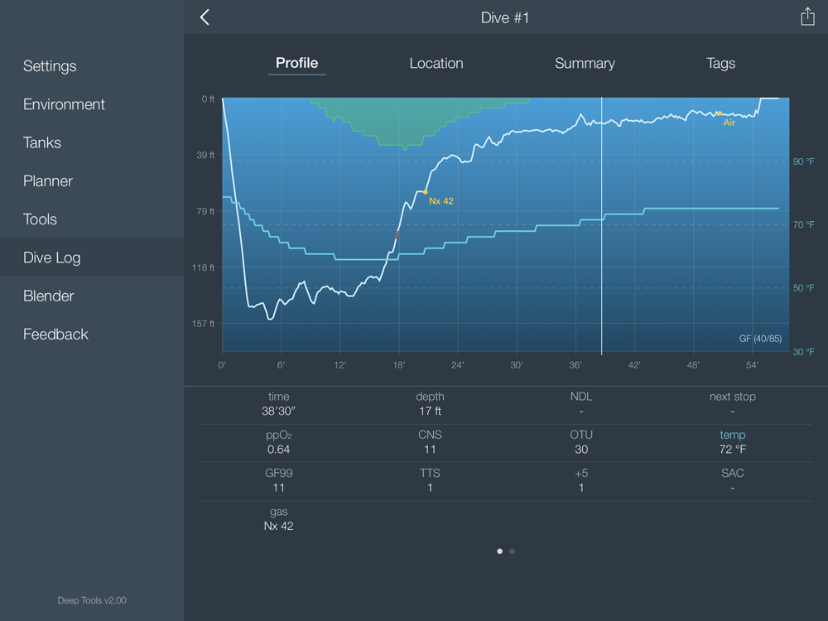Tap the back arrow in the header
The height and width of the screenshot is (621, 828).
click(x=205, y=17)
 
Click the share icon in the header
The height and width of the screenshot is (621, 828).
click(x=807, y=17)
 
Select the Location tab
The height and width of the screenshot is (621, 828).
click(x=436, y=63)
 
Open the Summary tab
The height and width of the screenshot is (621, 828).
click(x=585, y=63)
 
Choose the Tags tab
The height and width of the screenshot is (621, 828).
click(x=720, y=63)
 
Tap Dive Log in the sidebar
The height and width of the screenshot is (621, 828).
click(x=52, y=258)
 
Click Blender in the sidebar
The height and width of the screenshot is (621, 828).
click(x=49, y=296)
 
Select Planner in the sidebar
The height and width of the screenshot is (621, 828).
click(x=48, y=181)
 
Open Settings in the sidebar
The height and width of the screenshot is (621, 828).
click(x=50, y=66)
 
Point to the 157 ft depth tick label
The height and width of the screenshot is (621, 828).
click(x=204, y=324)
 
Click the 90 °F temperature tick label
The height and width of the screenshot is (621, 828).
click(x=804, y=161)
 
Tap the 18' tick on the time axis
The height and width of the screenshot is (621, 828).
click(x=398, y=365)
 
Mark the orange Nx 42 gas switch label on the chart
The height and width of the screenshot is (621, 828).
click(x=441, y=201)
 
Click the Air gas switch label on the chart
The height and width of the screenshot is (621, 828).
click(x=729, y=123)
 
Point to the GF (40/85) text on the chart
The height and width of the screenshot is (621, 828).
click(x=760, y=339)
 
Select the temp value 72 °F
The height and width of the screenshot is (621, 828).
click(x=732, y=450)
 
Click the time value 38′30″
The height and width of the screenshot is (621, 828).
click(x=279, y=412)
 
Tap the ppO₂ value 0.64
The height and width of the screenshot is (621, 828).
click(x=279, y=450)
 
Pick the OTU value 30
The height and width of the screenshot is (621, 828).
click(x=581, y=450)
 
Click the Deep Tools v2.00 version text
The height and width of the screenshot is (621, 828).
click(x=92, y=600)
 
